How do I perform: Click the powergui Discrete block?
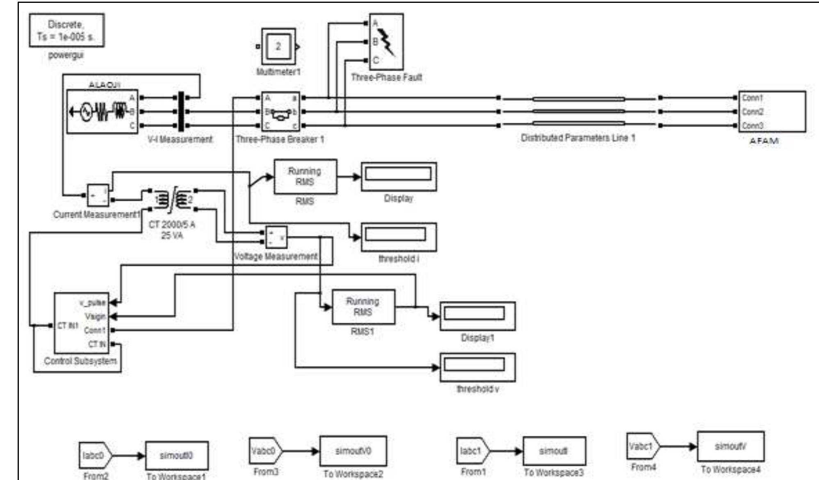pos(66,30)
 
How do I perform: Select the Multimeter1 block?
pos(278,46)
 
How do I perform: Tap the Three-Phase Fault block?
pos(386,42)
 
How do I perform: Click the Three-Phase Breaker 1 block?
pos(281,111)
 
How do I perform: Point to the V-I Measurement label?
pos(180,139)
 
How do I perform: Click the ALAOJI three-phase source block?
pos(102,111)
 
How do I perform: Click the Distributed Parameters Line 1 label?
pos(578,138)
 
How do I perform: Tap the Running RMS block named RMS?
pos(305,177)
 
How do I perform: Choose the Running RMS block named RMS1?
pos(363,307)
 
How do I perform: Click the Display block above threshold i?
pos(398,176)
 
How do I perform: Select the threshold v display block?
pos(477,367)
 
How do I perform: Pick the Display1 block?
pos(477,316)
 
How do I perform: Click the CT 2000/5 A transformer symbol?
pos(173,200)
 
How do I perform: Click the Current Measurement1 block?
pos(98,196)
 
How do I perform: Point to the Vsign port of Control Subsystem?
pos(95,316)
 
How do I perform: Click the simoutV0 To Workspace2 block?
pos(353,451)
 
